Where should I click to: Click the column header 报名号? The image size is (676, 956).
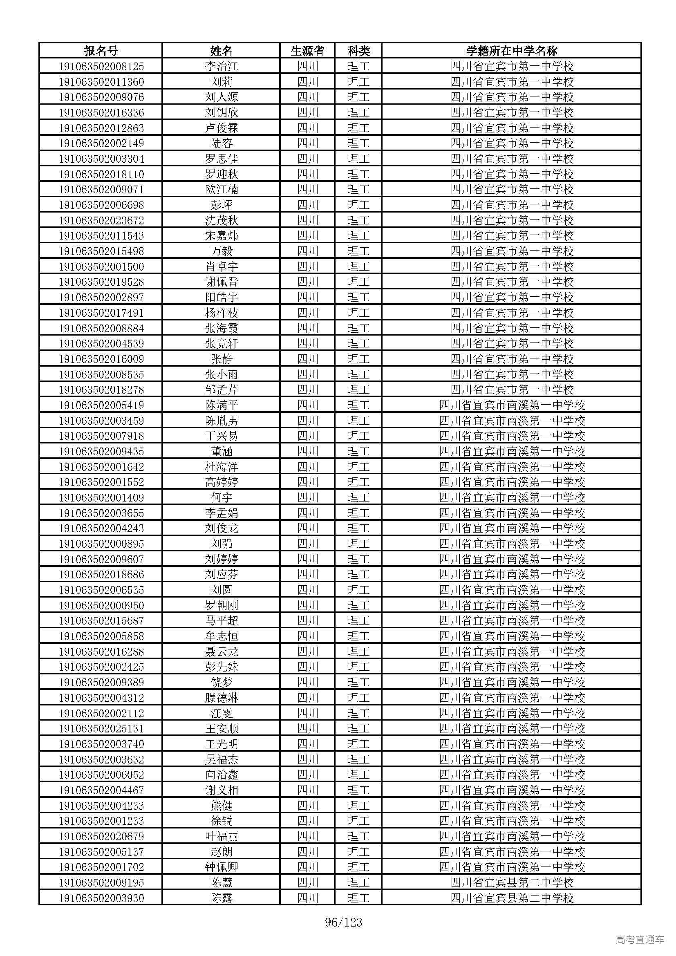pos(101,51)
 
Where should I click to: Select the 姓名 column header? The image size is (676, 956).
pos(221,51)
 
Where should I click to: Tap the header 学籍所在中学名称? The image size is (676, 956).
pos(512,51)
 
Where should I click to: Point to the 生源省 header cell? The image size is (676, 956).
pos(307,51)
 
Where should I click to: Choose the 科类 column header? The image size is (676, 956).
pos(358,51)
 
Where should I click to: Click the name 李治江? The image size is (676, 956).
pos(222,66)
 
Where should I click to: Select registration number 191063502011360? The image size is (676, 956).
pos(101,82)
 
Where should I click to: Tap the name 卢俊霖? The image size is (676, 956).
pos(222,128)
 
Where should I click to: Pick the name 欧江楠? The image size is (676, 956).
pos(222,190)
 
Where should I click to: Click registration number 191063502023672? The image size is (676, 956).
pos(101,220)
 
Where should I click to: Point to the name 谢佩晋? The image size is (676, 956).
pos(222,282)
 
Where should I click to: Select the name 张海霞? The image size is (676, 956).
pos(222,328)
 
